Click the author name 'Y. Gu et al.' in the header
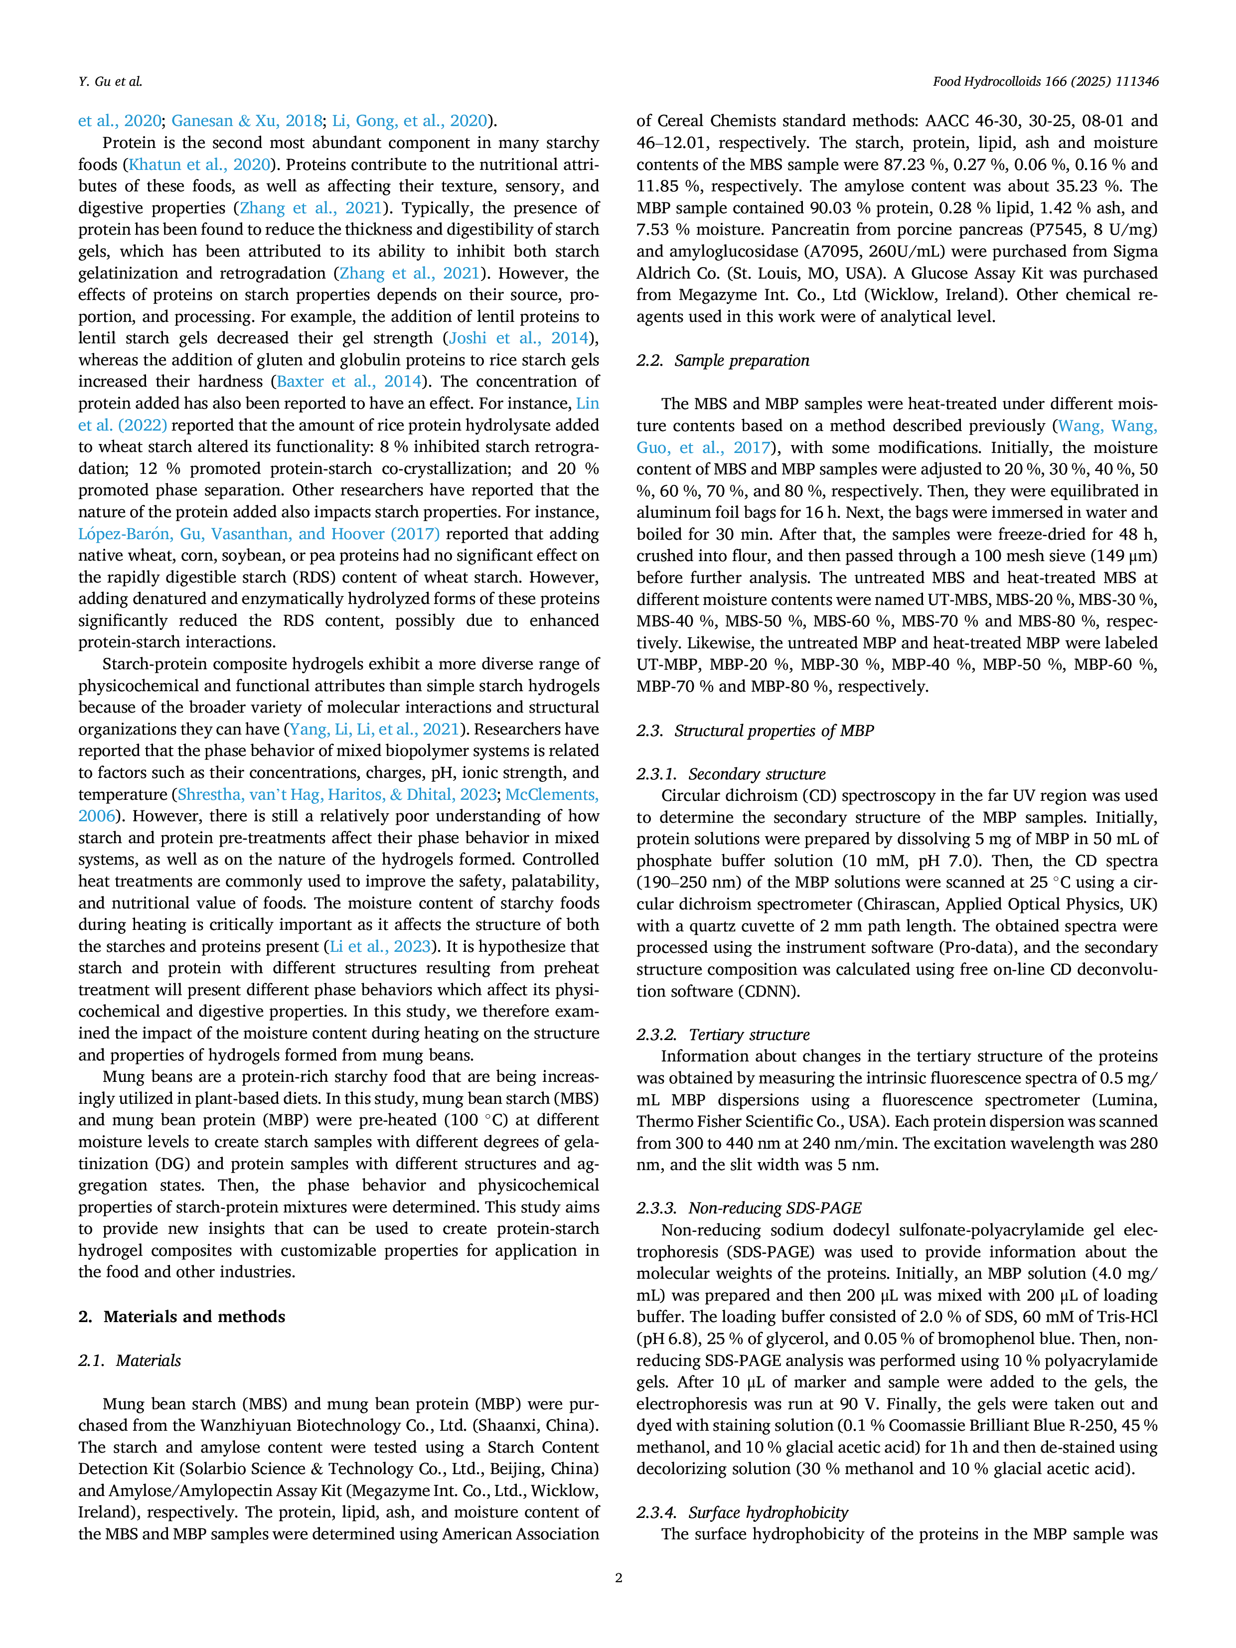coord(110,81)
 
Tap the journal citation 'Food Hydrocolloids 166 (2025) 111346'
coord(1045,81)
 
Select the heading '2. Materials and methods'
coord(182,1317)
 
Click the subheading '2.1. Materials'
coord(130,1360)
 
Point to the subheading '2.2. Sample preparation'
coord(723,361)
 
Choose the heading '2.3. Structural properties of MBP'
coord(755,731)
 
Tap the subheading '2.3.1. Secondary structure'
coord(731,774)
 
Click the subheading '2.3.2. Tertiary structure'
coord(723,1035)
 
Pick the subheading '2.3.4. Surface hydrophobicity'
coord(742,1512)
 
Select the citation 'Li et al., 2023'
coord(380,947)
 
